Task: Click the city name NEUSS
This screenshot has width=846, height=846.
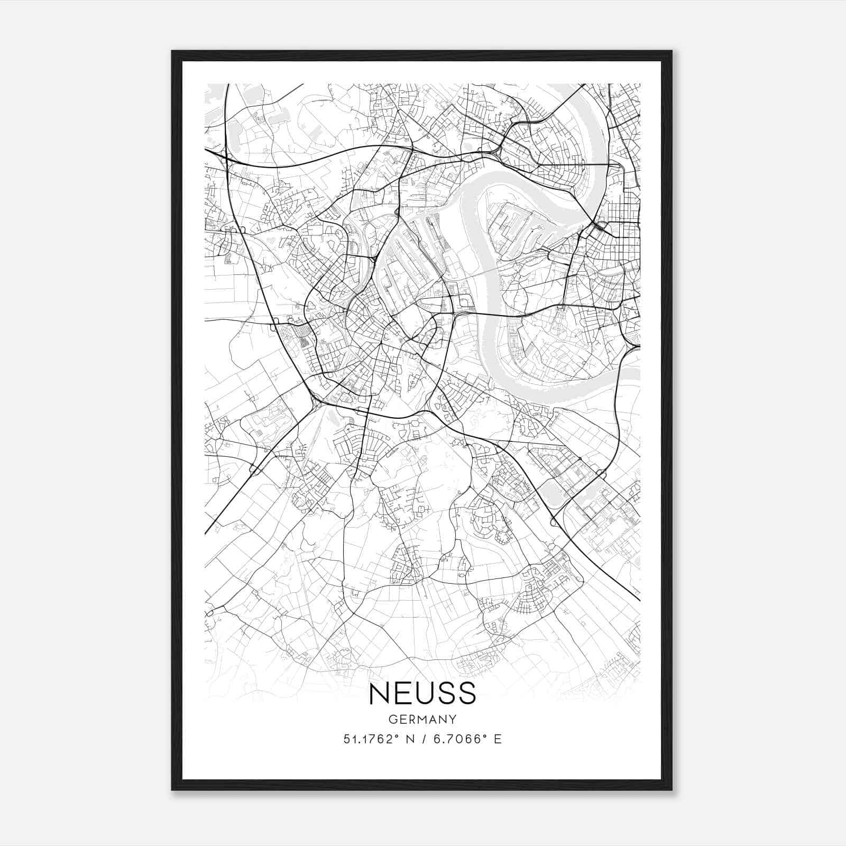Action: (x=422, y=693)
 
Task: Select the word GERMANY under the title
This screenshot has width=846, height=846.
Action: (x=422, y=719)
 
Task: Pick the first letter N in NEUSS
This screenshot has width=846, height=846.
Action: (x=379, y=693)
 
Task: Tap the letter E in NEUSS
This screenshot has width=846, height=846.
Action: (x=402, y=693)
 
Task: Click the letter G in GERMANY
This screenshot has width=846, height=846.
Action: (x=392, y=719)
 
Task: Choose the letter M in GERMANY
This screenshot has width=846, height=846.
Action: (x=422, y=719)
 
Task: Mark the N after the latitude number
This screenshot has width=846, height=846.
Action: (x=409, y=739)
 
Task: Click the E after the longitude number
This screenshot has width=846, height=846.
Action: (x=497, y=739)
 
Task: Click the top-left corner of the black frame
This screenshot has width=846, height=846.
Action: (x=172, y=51)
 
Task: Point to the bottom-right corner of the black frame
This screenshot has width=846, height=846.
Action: (x=672, y=790)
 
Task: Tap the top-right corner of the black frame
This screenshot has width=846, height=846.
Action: (x=672, y=51)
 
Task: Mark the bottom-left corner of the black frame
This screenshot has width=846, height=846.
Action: (x=172, y=790)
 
